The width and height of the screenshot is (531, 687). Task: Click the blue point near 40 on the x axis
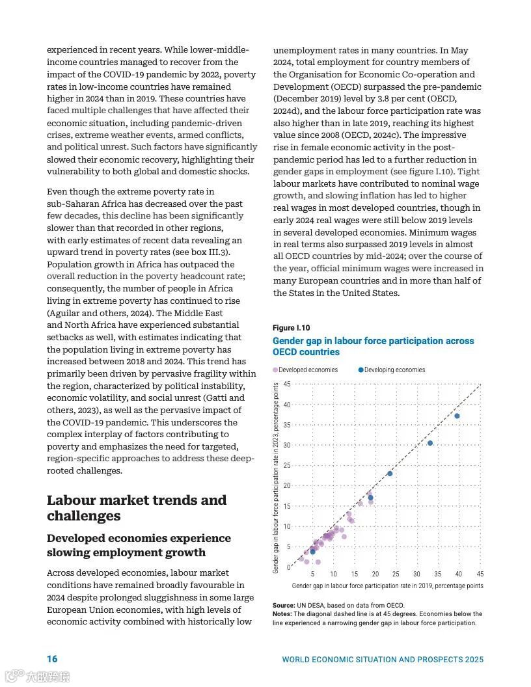pyautogui.click(x=457, y=416)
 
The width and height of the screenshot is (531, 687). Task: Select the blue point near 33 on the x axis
pyautogui.click(x=430, y=443)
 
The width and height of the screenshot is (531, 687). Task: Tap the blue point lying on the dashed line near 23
pyautogui.click(x=390, y=474)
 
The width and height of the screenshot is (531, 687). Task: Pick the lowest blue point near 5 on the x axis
pyautogui.click(x=312, y=552)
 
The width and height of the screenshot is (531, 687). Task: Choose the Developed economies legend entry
pyautogui.click(x=305, y=370)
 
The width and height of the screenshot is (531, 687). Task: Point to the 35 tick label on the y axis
pyautogui.click(x=287, y=425)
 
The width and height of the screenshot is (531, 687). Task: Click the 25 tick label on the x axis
pyautogui.click(x=396, y=574)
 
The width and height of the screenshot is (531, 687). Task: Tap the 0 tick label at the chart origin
pyautogui.click(x=288, y=568)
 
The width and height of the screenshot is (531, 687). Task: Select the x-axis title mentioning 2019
pyautogui.click(x=387, y=586)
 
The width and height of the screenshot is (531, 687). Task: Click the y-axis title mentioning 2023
pyautogui.click(x=277, y=478)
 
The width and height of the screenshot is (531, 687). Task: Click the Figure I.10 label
pyautogui.click(x=292, y=328)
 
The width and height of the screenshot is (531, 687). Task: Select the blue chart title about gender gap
pyautogui.click(x=373, y=346)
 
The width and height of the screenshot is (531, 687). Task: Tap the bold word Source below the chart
pyautogui.click(x=284, y=606)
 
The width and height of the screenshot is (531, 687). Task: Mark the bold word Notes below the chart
pyautogui.click(x=282, y=614)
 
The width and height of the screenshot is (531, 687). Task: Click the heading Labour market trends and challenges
pyautogui.click(x=137, y=508)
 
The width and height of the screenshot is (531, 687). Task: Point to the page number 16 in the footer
pyautogui.click(x=52, y=659)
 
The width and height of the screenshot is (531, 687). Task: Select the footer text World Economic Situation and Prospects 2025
pyautogui.click(x=383, y=660)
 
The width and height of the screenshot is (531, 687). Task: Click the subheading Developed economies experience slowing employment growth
pyautogui.click(x=139, y=545)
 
